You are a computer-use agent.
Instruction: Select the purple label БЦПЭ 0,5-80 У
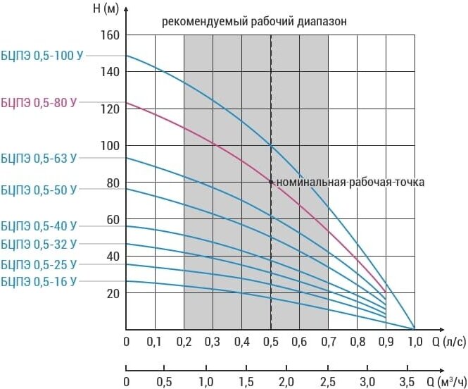39,103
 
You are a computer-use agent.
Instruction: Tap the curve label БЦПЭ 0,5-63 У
39,159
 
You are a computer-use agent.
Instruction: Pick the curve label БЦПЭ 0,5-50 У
39,190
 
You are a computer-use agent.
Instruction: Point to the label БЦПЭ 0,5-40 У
39,227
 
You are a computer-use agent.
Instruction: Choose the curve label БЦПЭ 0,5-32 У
39,245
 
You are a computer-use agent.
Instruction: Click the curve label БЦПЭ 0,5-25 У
39,265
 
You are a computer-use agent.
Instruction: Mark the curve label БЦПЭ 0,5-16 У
39,281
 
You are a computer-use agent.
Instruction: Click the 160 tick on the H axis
110,35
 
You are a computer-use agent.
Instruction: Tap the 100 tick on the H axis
110,146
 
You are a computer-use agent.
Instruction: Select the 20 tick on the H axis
113,293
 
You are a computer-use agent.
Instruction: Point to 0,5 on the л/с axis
270,342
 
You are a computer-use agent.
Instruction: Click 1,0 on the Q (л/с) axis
415,342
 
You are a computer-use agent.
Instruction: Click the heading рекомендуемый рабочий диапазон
255,21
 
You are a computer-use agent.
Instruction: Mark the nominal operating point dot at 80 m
271,182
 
